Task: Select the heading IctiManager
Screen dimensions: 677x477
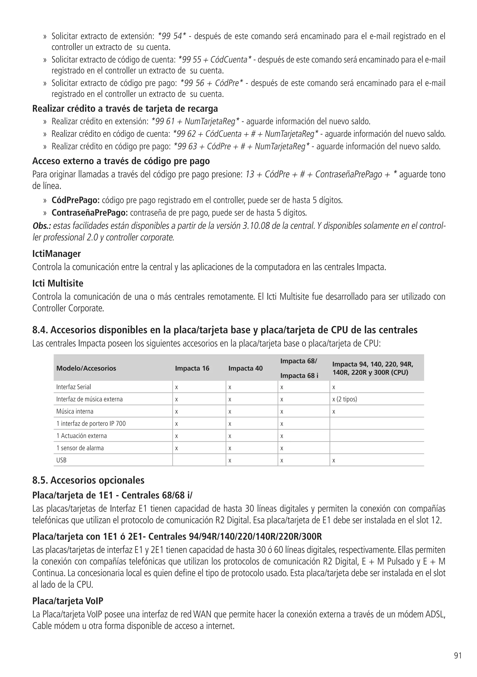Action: pos(56,254)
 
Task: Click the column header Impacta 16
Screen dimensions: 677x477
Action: pos(192,368)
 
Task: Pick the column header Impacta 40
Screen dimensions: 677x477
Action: pos(245,368)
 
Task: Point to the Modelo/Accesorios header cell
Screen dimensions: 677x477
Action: pos(86,368)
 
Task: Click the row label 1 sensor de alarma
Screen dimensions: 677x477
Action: pos(80,448)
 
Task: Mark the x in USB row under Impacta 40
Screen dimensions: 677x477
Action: pos(230,461)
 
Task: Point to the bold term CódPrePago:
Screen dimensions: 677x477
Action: pos(76,201)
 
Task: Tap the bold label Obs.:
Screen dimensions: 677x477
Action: pos(41,226)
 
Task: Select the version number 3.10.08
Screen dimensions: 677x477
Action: pos(257,226)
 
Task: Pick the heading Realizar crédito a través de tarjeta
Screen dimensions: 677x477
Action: pos(125,109)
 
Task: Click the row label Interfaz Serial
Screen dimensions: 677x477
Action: pos(73,387)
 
